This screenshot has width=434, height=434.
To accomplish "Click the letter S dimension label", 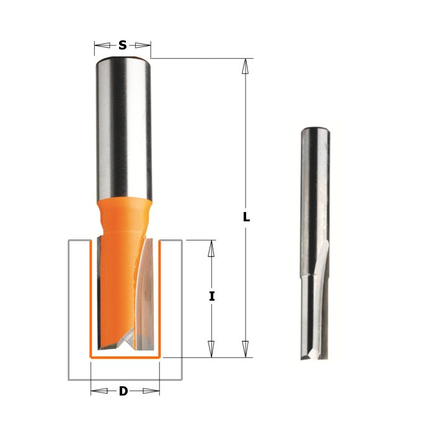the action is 122,45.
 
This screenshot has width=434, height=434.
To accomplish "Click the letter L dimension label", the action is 246,217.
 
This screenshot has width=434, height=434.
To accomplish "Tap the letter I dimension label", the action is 212,297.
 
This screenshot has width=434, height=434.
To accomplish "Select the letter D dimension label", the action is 123,391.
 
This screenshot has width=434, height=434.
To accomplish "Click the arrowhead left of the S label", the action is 102,45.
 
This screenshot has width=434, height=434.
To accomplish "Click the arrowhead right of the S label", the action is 143,45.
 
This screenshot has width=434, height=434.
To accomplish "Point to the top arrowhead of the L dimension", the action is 245,66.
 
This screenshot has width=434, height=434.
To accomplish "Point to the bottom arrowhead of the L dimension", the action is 246,349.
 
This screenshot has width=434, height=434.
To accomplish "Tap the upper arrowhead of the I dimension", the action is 211,248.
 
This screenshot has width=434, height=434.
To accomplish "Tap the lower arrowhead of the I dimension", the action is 211,349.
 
